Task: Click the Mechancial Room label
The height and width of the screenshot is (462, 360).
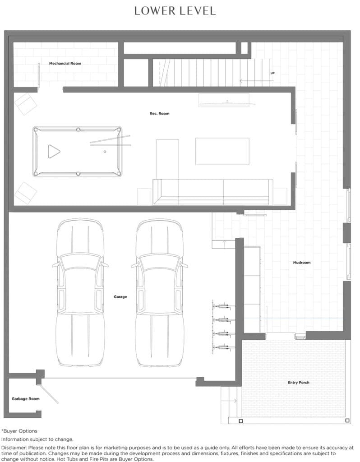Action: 65,63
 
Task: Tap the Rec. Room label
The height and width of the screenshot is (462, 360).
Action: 159,113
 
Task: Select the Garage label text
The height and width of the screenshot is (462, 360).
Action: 120,297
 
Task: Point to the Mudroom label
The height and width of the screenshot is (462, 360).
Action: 302,263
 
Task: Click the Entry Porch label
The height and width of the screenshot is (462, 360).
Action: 299,383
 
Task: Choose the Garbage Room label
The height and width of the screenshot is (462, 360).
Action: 26,399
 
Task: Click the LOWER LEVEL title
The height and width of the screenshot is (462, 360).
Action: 175,11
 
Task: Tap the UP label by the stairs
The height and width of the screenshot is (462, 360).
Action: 272,73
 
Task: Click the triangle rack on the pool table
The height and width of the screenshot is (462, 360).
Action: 54,152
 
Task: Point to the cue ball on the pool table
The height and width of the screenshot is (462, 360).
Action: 105,152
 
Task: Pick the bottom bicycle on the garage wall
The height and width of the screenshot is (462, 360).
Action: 224,347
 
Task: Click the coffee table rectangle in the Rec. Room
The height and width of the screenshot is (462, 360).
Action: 222,151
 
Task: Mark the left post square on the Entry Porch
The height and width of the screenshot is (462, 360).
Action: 241,421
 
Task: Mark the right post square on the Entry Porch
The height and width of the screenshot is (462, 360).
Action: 347,420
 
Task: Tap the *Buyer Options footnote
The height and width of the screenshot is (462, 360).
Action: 19,431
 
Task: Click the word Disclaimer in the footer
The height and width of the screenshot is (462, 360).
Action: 14,448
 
